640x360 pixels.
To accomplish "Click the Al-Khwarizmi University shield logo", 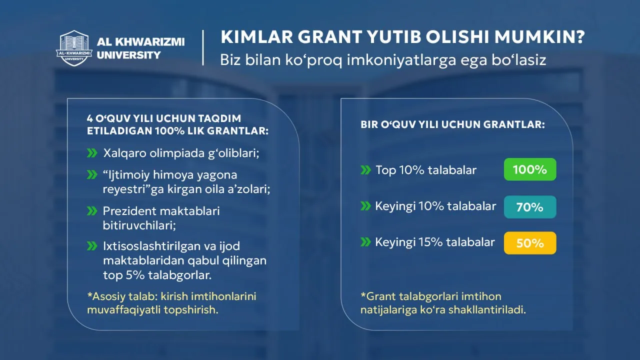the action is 74,48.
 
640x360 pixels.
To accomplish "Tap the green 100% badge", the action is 530,169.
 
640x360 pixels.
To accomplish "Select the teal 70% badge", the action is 530,207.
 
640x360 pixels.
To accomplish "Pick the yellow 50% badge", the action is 530,243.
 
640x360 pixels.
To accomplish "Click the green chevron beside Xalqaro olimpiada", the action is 92,153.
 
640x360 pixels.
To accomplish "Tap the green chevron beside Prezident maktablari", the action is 92,211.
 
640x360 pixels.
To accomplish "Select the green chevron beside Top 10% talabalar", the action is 365,170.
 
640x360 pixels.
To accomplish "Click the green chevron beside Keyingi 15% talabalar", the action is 365,242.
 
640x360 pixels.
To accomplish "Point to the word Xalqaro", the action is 125,153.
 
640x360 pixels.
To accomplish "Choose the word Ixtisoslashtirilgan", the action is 151,246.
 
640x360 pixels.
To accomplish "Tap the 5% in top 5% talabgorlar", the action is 135,275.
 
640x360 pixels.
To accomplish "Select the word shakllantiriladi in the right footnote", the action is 487,309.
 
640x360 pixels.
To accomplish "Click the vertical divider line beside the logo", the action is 203,47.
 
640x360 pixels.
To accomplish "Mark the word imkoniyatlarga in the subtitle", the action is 401,60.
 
